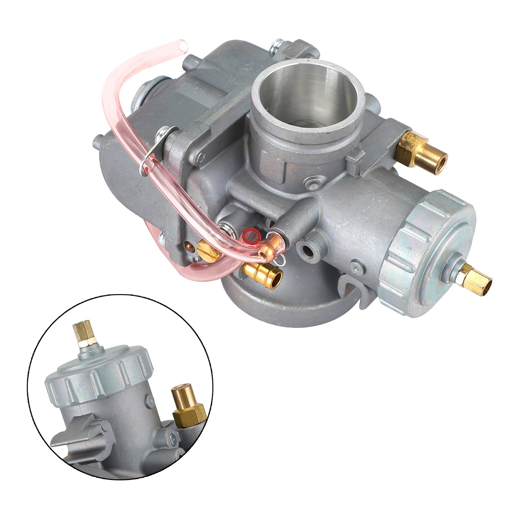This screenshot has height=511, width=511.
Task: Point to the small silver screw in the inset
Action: click(174, 439)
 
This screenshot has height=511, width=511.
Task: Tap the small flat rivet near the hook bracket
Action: click(356, 265)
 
